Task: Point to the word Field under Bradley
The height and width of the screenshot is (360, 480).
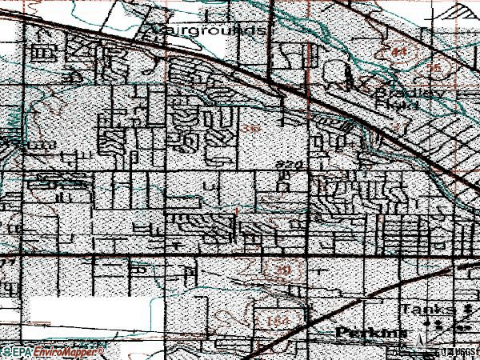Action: pyautogui.click(x=398, y=105)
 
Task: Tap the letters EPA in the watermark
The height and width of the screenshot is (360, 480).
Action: pyautogui.click(x=22, y=352)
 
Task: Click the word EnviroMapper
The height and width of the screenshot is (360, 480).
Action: pyautogui.click(x=68, y=352)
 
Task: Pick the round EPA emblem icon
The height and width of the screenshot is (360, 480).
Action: pyautogui.click(x=6, y=352)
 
